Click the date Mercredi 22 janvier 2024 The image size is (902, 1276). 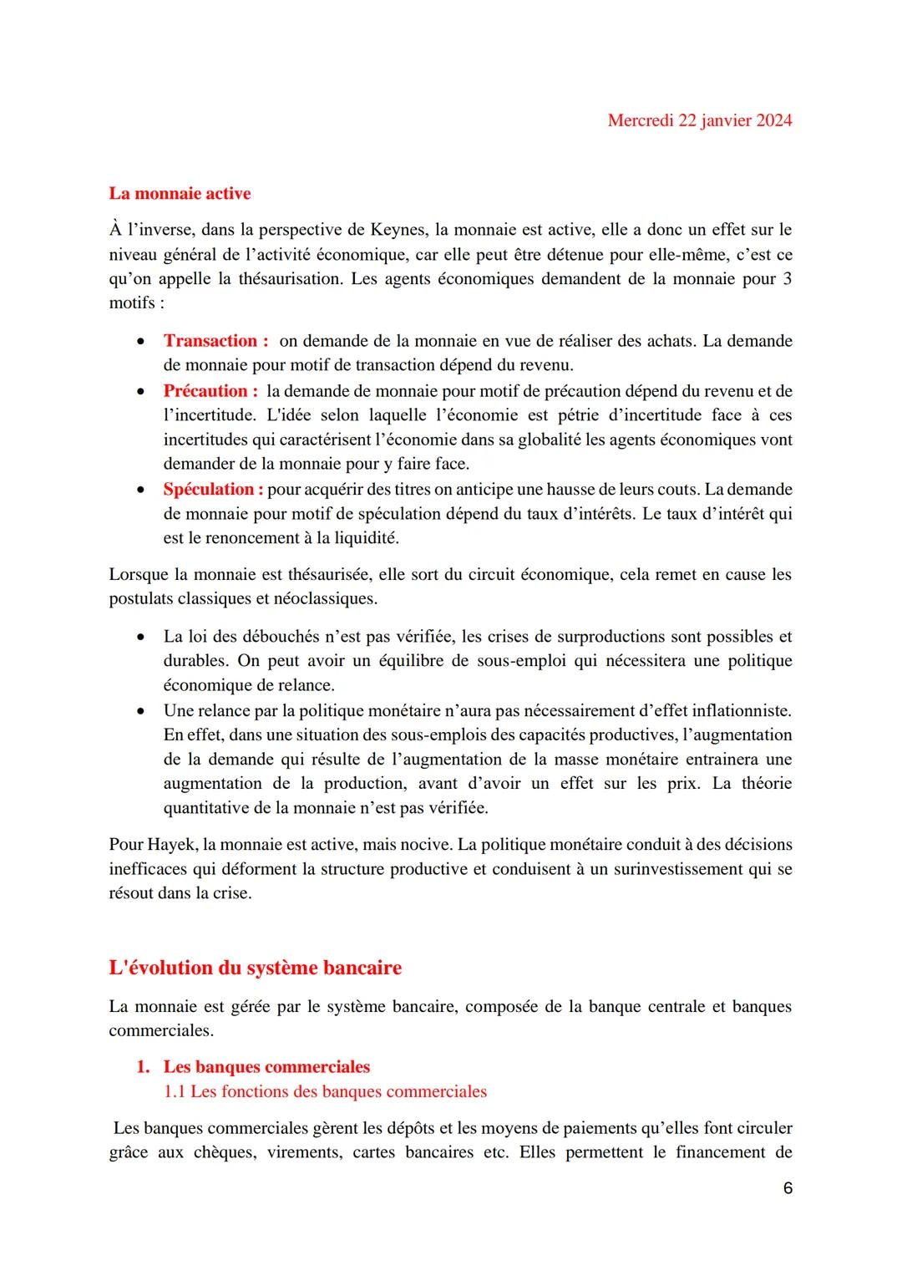pyautogui.click(x=699, y=120)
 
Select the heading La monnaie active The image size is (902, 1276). pyautogui.click(x=180, y=194)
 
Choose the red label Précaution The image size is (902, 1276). pyautogui.click(x=205, y=391)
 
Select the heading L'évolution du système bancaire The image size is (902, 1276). pyautogui.click(x=255, y=968)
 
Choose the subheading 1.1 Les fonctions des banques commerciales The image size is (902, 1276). pyautogui.click(x=325, y=1091)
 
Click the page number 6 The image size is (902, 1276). pyautogui.click(x=788, y=1188)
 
